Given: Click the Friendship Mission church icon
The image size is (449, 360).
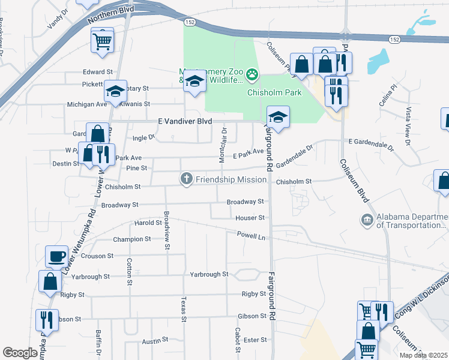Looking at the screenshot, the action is (187, 179).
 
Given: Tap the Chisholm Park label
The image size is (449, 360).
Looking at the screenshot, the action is (274, 92).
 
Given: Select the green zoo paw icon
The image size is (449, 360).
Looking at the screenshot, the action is (253, 75).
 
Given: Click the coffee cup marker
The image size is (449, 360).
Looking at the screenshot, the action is (56, 256).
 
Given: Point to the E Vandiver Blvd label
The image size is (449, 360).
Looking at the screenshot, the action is (185, 121).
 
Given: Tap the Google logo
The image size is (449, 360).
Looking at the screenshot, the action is (20, 352).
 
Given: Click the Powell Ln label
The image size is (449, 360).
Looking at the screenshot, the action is (251, 235).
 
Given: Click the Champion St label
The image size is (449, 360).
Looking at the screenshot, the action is (132, 239).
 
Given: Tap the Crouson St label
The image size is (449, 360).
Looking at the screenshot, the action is (97, 256).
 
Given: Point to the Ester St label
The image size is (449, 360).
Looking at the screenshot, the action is (255, 340).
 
